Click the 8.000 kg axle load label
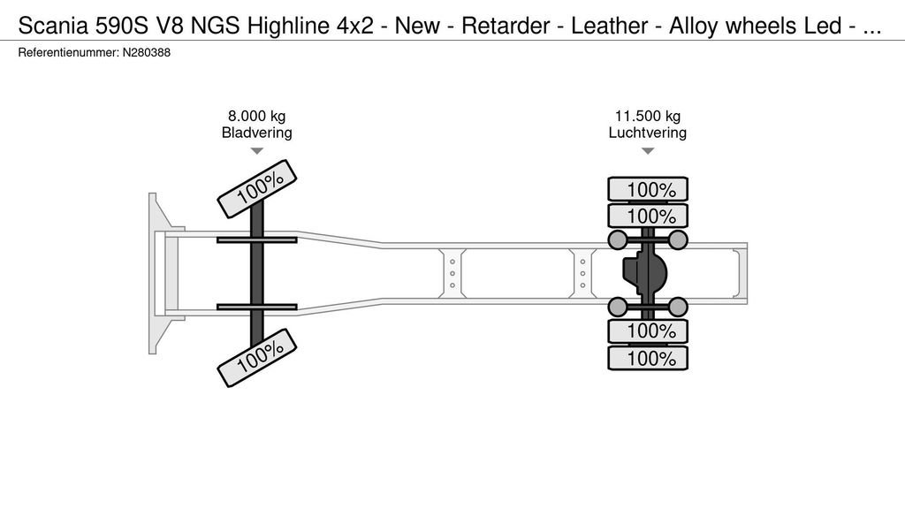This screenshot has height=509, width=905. (x=256, y=117)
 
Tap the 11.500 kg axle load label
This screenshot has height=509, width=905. (x=648, y=117)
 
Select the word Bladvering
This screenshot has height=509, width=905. (x=256, y=133)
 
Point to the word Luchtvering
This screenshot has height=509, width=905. (x=648, y=133)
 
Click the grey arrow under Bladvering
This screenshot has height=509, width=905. (x=256, y=151)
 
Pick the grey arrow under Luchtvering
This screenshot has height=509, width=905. (x=648, y=151)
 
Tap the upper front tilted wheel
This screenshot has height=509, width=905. (x=258, y=187)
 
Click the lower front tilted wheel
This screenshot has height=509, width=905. (x=258, y=356)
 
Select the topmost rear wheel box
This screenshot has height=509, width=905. (x=648, y=189)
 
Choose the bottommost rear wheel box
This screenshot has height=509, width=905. (x=648, y=359)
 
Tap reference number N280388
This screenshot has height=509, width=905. (x=147, y=53)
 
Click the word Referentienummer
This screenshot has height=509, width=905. (x=67, y=53)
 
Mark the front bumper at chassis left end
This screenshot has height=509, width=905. (x=159, y=273)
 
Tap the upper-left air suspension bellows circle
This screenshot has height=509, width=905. (x=618, y=239)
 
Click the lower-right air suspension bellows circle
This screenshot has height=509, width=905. (x=678, y=307)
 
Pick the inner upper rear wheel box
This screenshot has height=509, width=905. (x=648, y=216)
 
